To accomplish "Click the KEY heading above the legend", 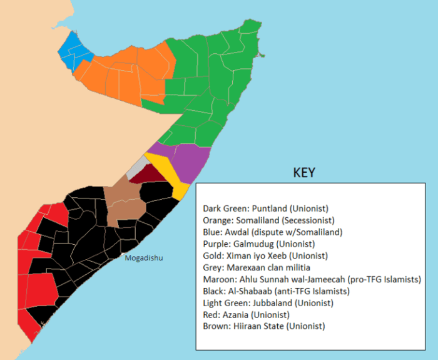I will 304,173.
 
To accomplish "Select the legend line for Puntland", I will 266,208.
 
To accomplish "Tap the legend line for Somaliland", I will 270,220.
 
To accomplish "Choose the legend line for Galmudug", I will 258,244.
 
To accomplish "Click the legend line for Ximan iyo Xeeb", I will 265,255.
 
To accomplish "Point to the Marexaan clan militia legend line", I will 257,267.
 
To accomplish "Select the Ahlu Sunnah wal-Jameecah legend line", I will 312,279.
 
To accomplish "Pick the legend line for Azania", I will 247,314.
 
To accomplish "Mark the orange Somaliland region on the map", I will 131,75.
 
